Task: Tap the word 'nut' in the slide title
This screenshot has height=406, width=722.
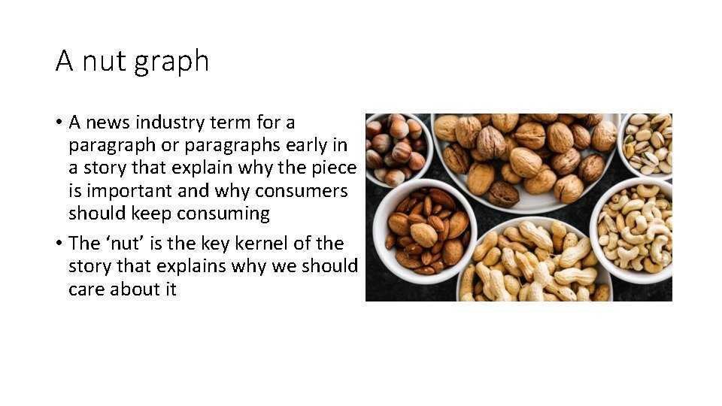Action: pyautogui.click(x=102, y=61)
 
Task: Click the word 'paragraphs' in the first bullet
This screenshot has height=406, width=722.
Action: pyautogui.click(x=224, y=145)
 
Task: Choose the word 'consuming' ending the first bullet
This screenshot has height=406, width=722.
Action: pyautogui.click(x=223, y=214)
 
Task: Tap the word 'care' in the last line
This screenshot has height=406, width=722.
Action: pyautogui.click(x=86, y=289)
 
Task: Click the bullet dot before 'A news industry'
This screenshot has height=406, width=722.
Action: pyautogui.click(x=59, y=123)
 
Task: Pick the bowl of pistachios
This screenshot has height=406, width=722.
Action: pyautogui.click(x=648, y=143)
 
